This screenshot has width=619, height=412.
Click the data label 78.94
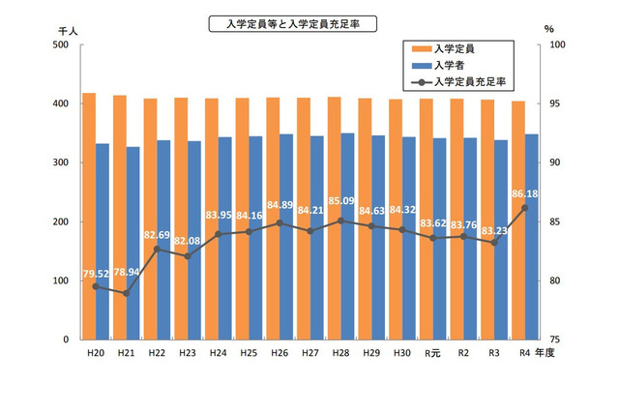point(126,273)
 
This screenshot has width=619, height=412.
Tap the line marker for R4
point(525,208)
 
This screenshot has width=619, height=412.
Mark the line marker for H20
point(96,287)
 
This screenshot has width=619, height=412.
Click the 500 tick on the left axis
point(61,44)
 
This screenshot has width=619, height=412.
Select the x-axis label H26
point(280,354)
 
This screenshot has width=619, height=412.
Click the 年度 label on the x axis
point(556,354)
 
